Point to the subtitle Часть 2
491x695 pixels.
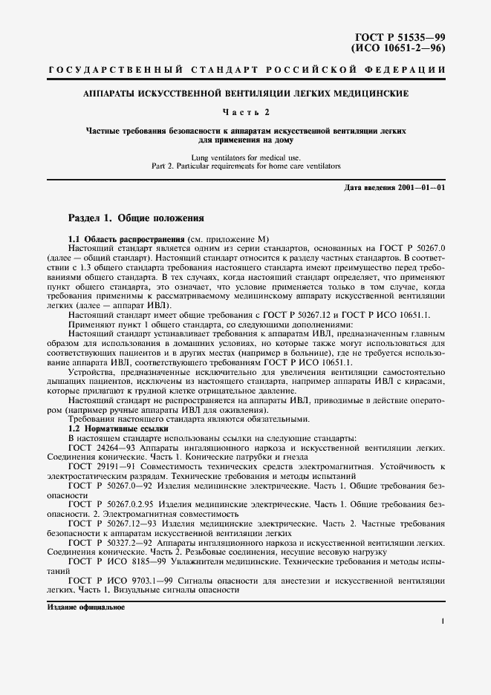(245, 112)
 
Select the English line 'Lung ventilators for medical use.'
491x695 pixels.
(245, 158)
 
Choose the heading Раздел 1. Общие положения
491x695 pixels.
(131, 219)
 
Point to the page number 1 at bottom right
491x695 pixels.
(442, 622)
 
